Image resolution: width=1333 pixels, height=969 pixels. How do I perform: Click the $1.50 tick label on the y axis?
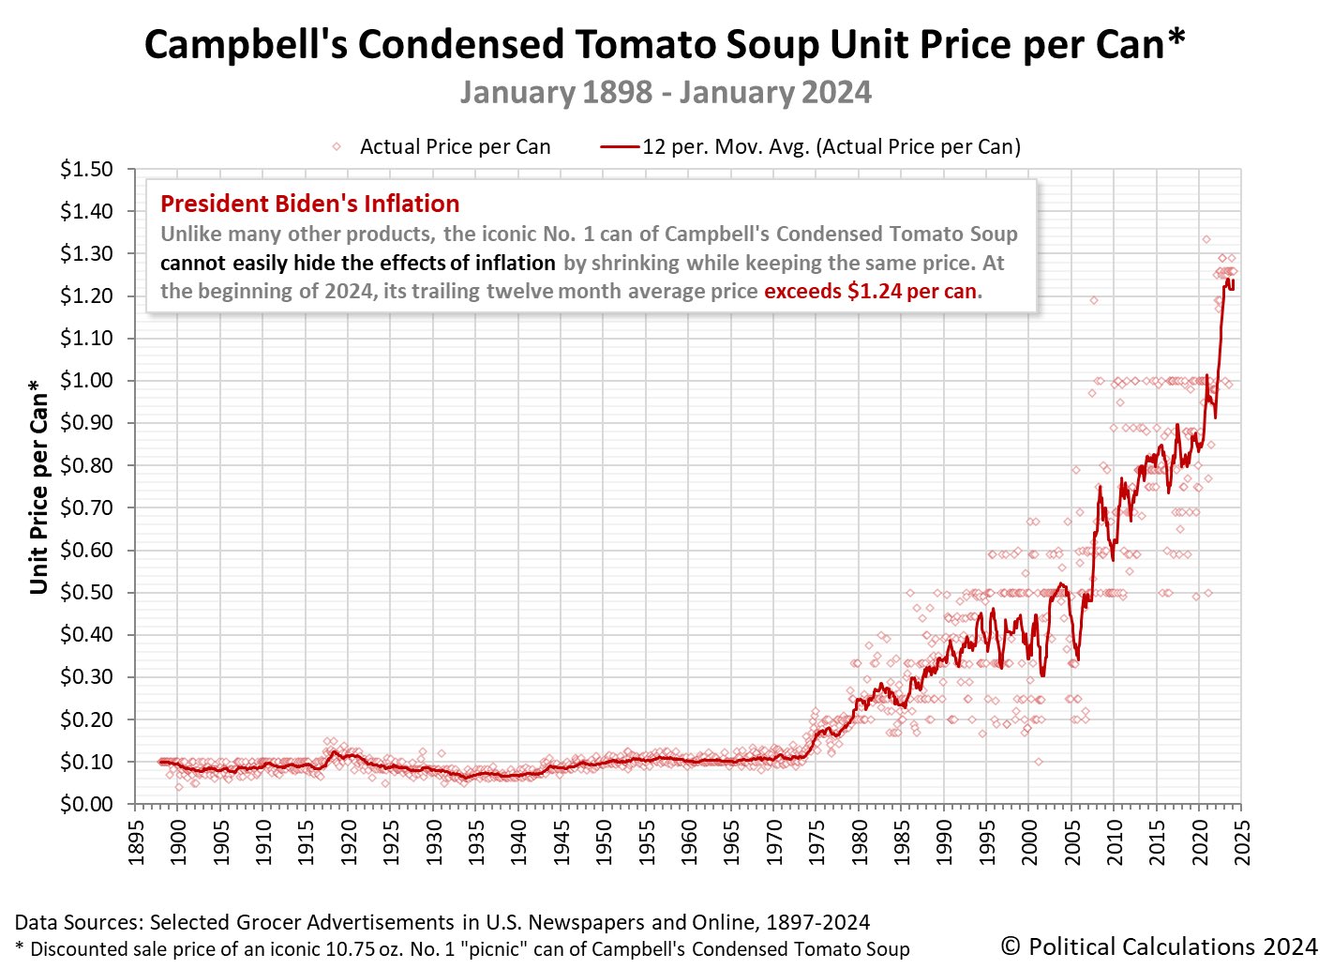pyautogui.click(x=86, y=170)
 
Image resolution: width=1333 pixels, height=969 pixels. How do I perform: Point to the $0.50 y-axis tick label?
pyautogui.click(x=86, y=593)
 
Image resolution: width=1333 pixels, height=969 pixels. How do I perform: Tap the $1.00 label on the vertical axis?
pyautogui.click(x=86, y=381)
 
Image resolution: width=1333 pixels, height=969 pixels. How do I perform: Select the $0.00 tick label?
pyautogui.click(x=86, y=805)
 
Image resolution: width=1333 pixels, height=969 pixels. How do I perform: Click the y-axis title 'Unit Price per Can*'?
pyautogui.click(x=38, y=486)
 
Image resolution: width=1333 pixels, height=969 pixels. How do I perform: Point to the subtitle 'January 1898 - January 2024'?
pyautogui.click(x=666, y=93)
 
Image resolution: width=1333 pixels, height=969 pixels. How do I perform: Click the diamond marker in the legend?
pyautogui.click(x=336, y=146)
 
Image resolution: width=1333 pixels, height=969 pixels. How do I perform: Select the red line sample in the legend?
pyautogui.click(x=620, y=146)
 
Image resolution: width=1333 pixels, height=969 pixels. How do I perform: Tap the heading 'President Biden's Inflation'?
pyautogui.click(x=309, y=204)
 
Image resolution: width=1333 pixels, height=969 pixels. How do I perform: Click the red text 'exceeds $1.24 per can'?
pyautogui.click(x=871, y=291)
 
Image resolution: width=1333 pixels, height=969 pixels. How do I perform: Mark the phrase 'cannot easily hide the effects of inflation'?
pyautogui.click(x=358, y=263)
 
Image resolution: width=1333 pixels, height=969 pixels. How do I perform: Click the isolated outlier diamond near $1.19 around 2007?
pyautogui.click(x=1093, y=300)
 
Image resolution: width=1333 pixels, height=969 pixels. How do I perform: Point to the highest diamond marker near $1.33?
pyautogui.click(x=1206, y=239)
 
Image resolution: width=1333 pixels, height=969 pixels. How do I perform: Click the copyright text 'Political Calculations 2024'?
pyautogui.click(x=1159, y=946)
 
